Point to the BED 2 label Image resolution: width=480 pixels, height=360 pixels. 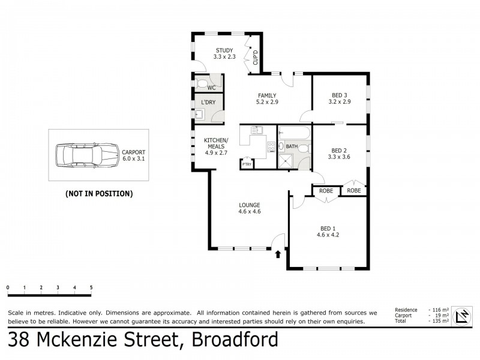(x=340, y=154)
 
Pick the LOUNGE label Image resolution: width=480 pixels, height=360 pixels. (x=249, y=208)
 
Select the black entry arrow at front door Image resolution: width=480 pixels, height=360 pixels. (x=277, y=254)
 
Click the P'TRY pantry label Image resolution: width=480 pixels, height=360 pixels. (x=246, y=164)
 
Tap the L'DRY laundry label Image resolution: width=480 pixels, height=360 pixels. (x=208, y=103)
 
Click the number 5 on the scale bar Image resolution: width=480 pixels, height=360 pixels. (x=91, y=288)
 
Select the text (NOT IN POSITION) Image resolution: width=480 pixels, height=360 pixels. (x=98, y=194)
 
